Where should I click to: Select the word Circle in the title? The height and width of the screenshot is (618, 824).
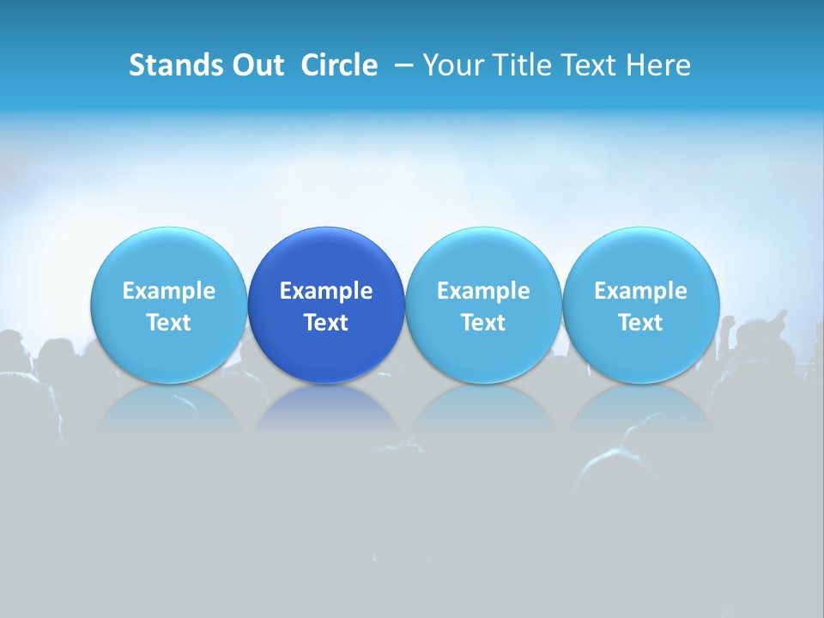[x=339, y=65]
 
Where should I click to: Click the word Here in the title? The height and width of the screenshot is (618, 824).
[x=658, y=65]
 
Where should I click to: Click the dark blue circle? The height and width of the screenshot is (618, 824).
[x=326, y=257]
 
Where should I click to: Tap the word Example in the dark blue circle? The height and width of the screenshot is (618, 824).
[x=326, y=291]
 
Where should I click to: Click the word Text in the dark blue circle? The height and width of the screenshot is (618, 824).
[x=326, y=323]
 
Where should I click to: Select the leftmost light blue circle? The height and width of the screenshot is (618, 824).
[x=169, y=257]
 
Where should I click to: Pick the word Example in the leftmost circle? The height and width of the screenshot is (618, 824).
[x=169, y=291]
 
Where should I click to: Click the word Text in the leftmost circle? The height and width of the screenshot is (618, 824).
[x=169, y=323]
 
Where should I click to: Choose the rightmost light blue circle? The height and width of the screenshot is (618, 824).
[x=640, y=257]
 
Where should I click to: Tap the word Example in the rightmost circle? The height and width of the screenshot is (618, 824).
[x=640, y=291]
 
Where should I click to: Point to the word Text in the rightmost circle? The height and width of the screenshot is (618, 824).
[x=640, y=323]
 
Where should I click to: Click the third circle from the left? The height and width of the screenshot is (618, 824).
[x=483, y=257]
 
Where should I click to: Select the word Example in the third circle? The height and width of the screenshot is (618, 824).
[x=483, y=291]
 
